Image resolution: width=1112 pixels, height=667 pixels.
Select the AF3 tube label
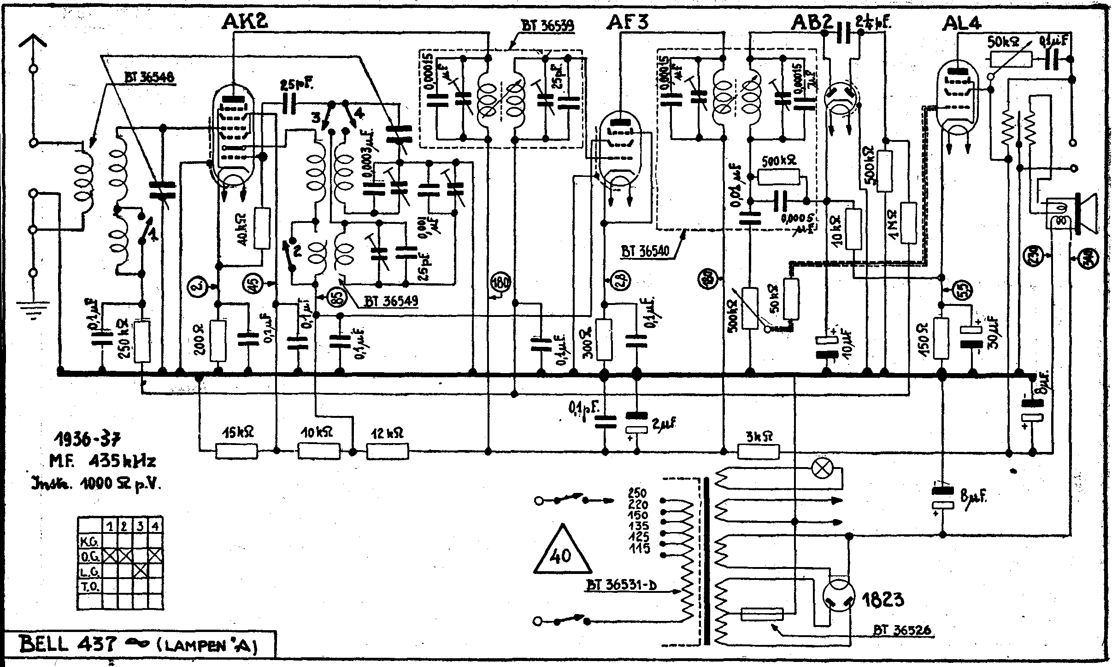629,21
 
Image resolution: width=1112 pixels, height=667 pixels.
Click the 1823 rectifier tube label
883,599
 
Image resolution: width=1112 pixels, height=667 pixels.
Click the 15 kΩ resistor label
237,433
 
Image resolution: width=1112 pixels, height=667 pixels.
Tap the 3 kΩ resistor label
759,435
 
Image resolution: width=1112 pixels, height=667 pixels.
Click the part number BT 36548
149,77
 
